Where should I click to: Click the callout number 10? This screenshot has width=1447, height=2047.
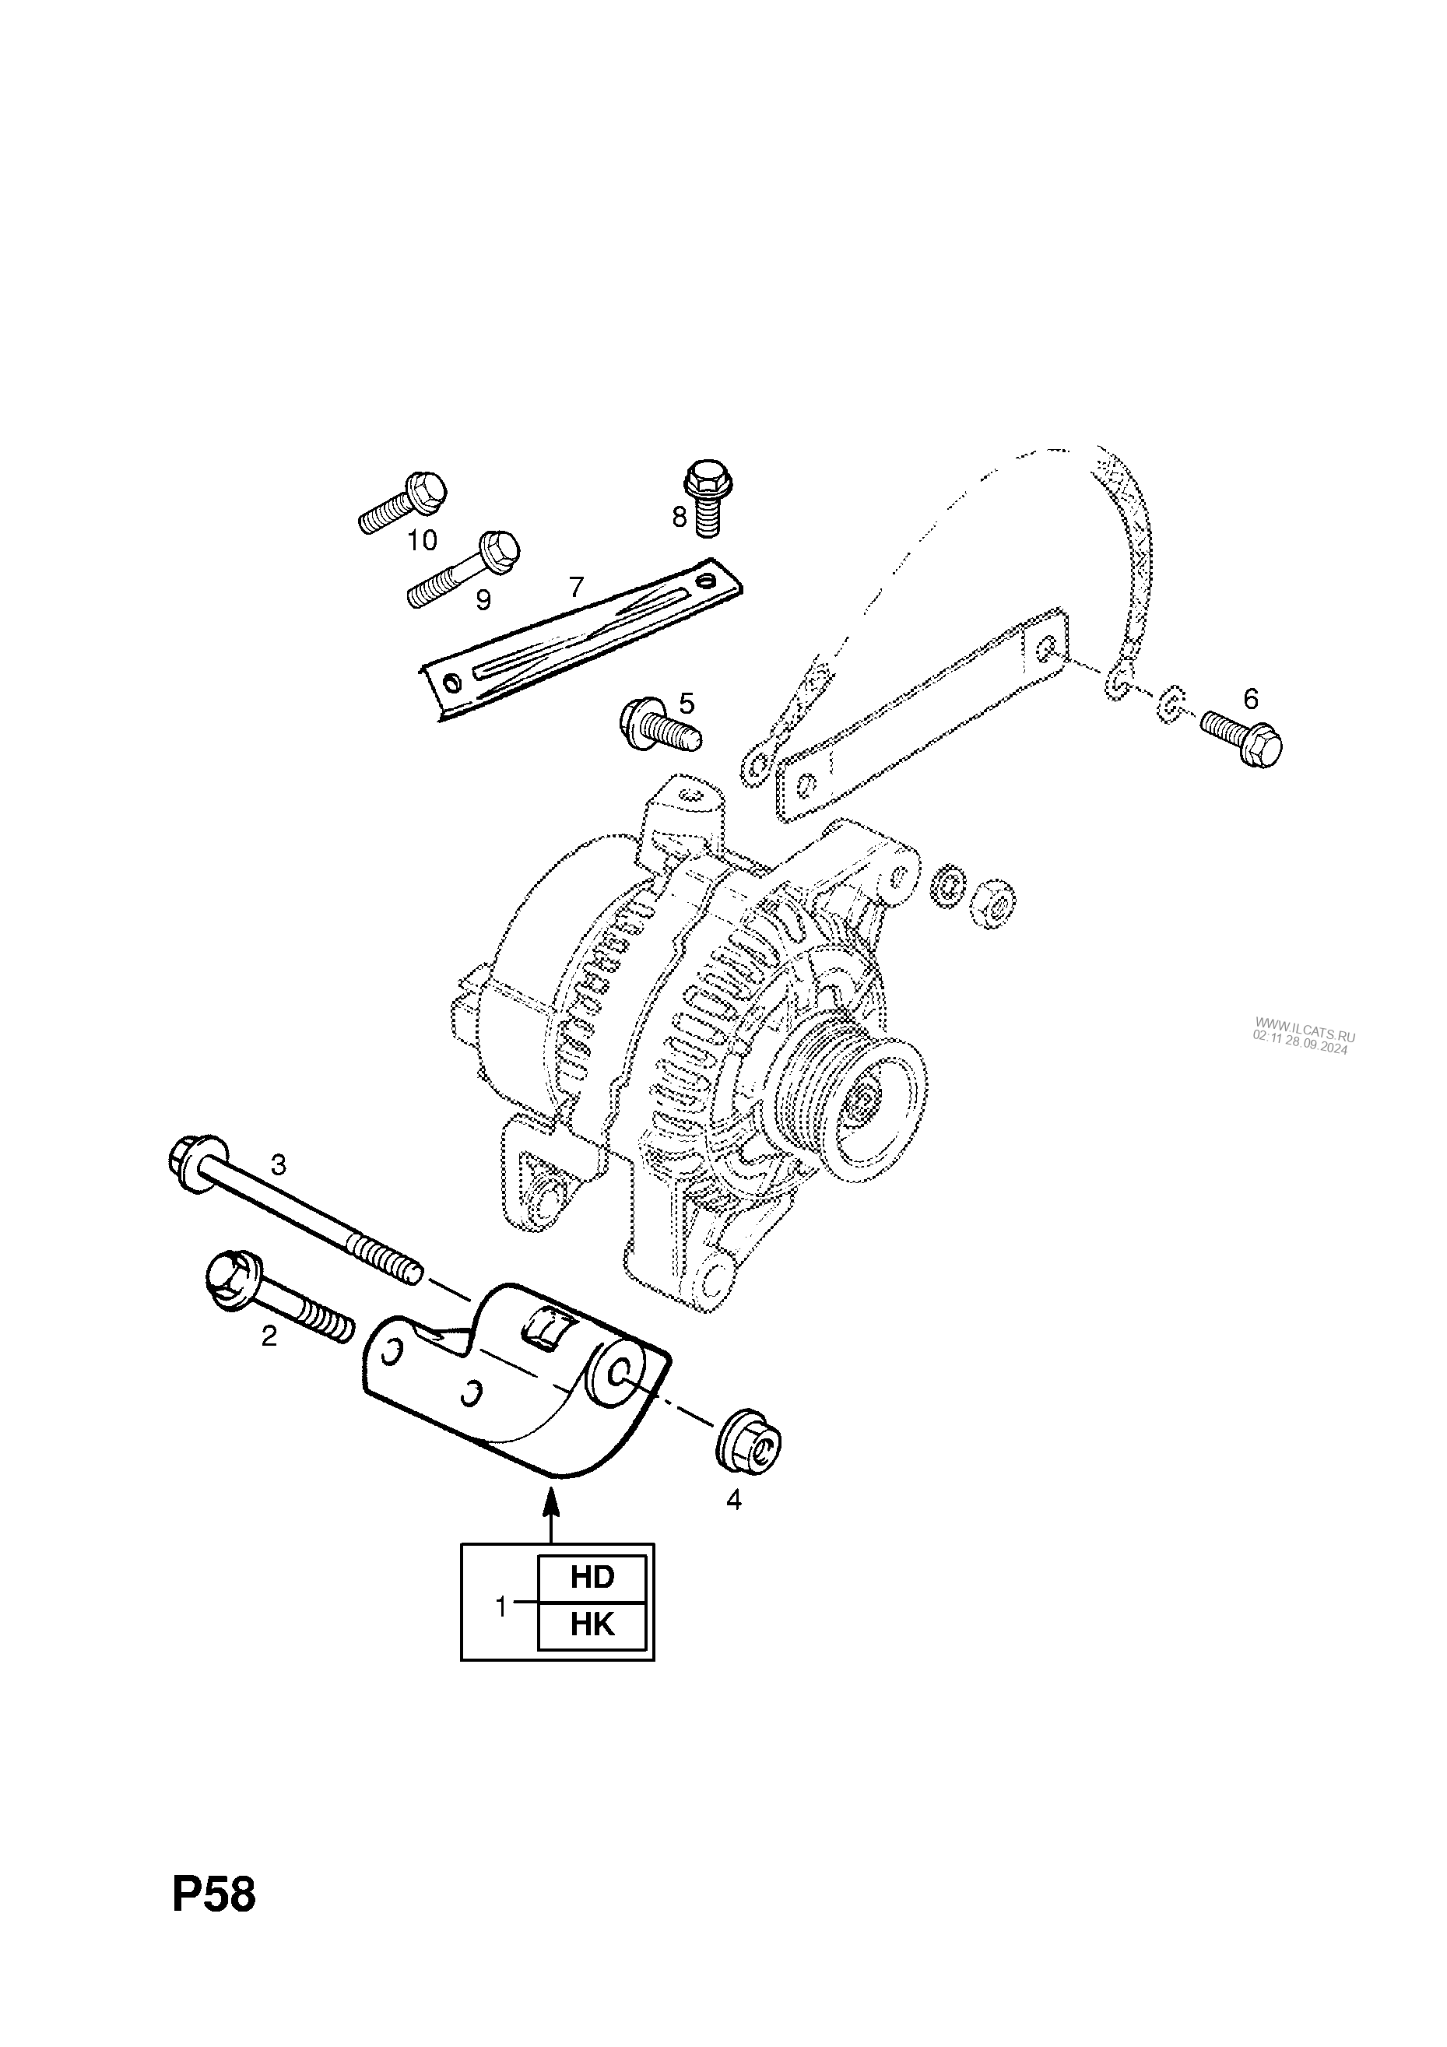click(423, 540)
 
